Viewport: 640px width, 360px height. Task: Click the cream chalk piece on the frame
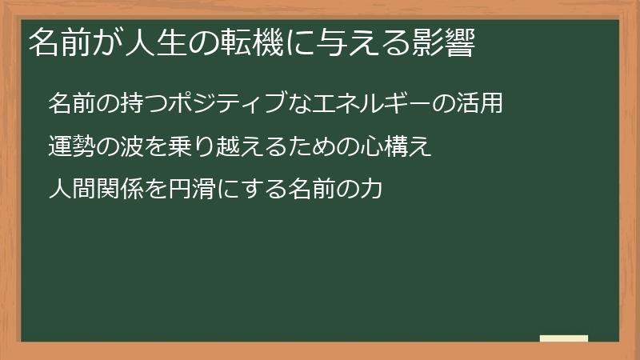coord(564,338)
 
